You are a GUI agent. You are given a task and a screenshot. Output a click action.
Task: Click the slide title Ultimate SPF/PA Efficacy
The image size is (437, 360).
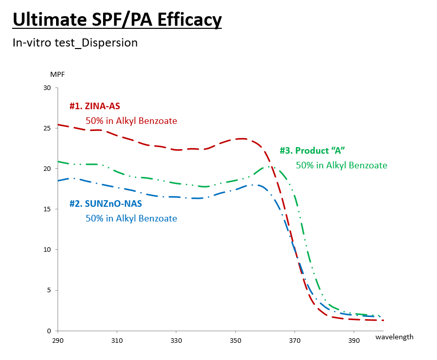click(x=117, y=19)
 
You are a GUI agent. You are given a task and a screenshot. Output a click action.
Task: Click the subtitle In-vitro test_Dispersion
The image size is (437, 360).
click(x=75, y=43)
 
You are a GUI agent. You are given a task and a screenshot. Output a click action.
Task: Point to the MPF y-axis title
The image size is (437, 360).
click(x=58, y=74)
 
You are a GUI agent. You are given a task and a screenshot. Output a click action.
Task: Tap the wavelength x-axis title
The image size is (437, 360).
click(x=394, y=337)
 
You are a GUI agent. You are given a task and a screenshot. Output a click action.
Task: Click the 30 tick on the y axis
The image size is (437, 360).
click(x=47, y=88)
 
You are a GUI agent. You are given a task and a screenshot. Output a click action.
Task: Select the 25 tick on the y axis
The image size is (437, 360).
click(x=47, y=128)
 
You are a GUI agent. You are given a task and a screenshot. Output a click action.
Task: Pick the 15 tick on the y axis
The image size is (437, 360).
click(x=47, y=209)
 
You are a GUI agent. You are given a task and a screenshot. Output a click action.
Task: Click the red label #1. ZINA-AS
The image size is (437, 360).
click(x=94, y=106)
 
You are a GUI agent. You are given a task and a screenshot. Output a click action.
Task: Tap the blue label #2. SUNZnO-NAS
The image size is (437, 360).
click(x=105, y=204)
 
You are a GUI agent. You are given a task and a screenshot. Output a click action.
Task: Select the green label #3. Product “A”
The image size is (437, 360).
click(x=312, y=151)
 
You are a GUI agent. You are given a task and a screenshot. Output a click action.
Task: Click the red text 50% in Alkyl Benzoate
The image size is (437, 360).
click(x=131, y=121)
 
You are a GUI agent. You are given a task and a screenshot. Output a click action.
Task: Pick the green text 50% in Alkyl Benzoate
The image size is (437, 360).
click(x=342, y=165)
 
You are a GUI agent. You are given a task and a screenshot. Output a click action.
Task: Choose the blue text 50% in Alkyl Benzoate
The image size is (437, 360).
click(x=131, y=218)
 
